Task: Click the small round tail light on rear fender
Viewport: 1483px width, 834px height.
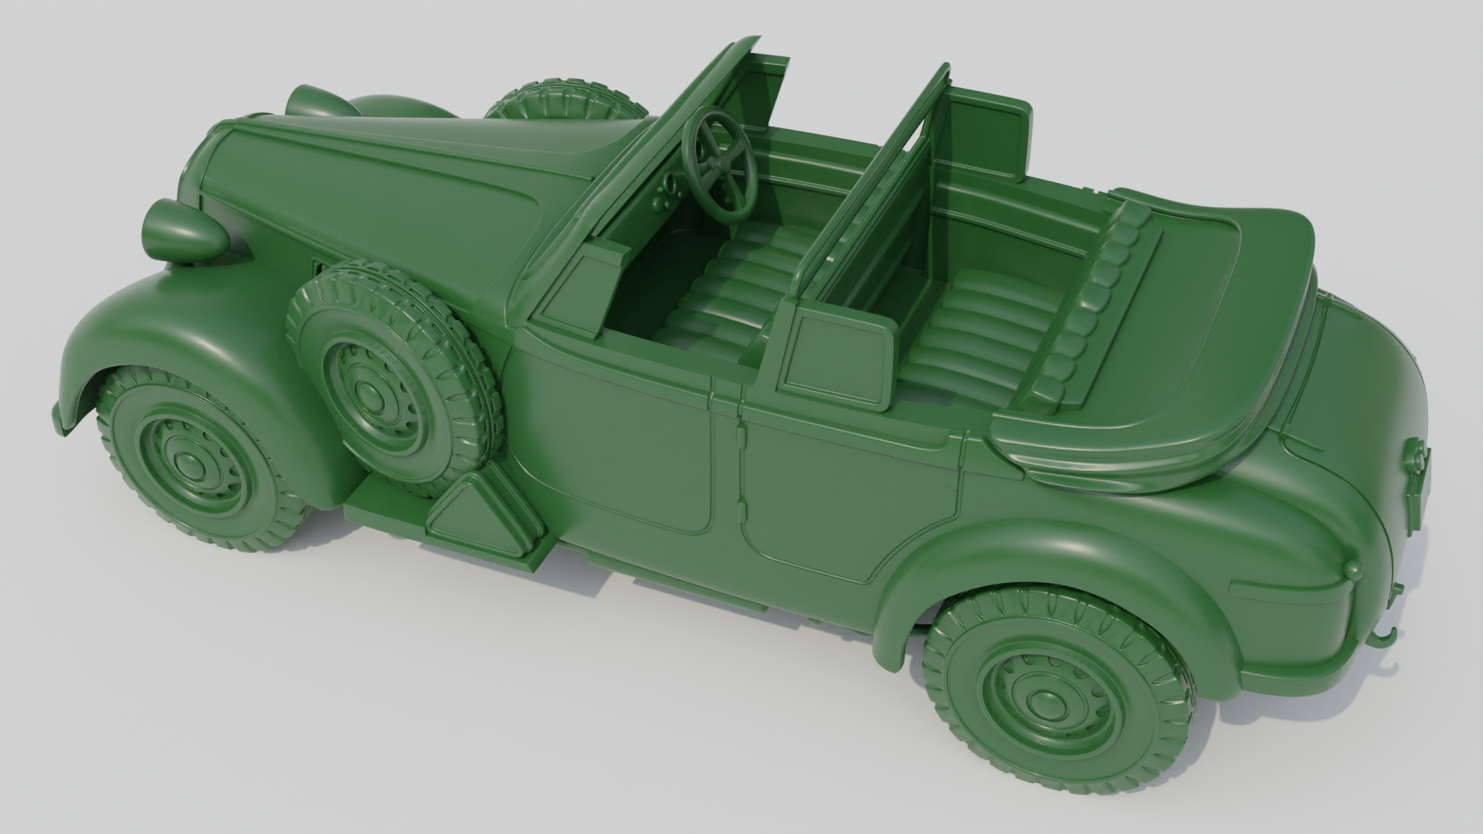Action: point(1352,570)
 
